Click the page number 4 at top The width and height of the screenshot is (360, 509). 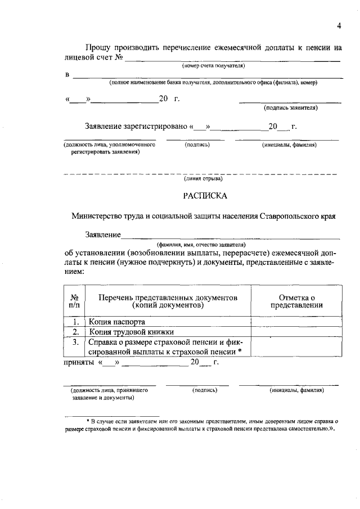click(x=339, y=25)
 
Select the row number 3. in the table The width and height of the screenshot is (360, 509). click(x=74, y=341)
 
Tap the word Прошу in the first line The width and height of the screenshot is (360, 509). click(x=98, y=48)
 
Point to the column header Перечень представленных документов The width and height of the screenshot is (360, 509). click(x=168, y=301)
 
